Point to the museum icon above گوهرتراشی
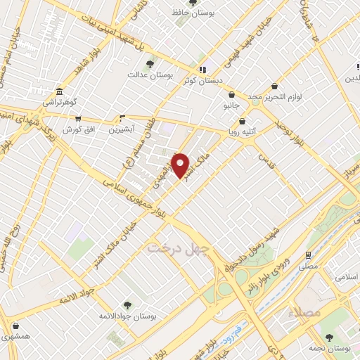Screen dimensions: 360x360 [58, 92]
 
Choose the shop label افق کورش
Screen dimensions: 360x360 [78, 130]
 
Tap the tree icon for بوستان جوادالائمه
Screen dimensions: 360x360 [127, 304]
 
